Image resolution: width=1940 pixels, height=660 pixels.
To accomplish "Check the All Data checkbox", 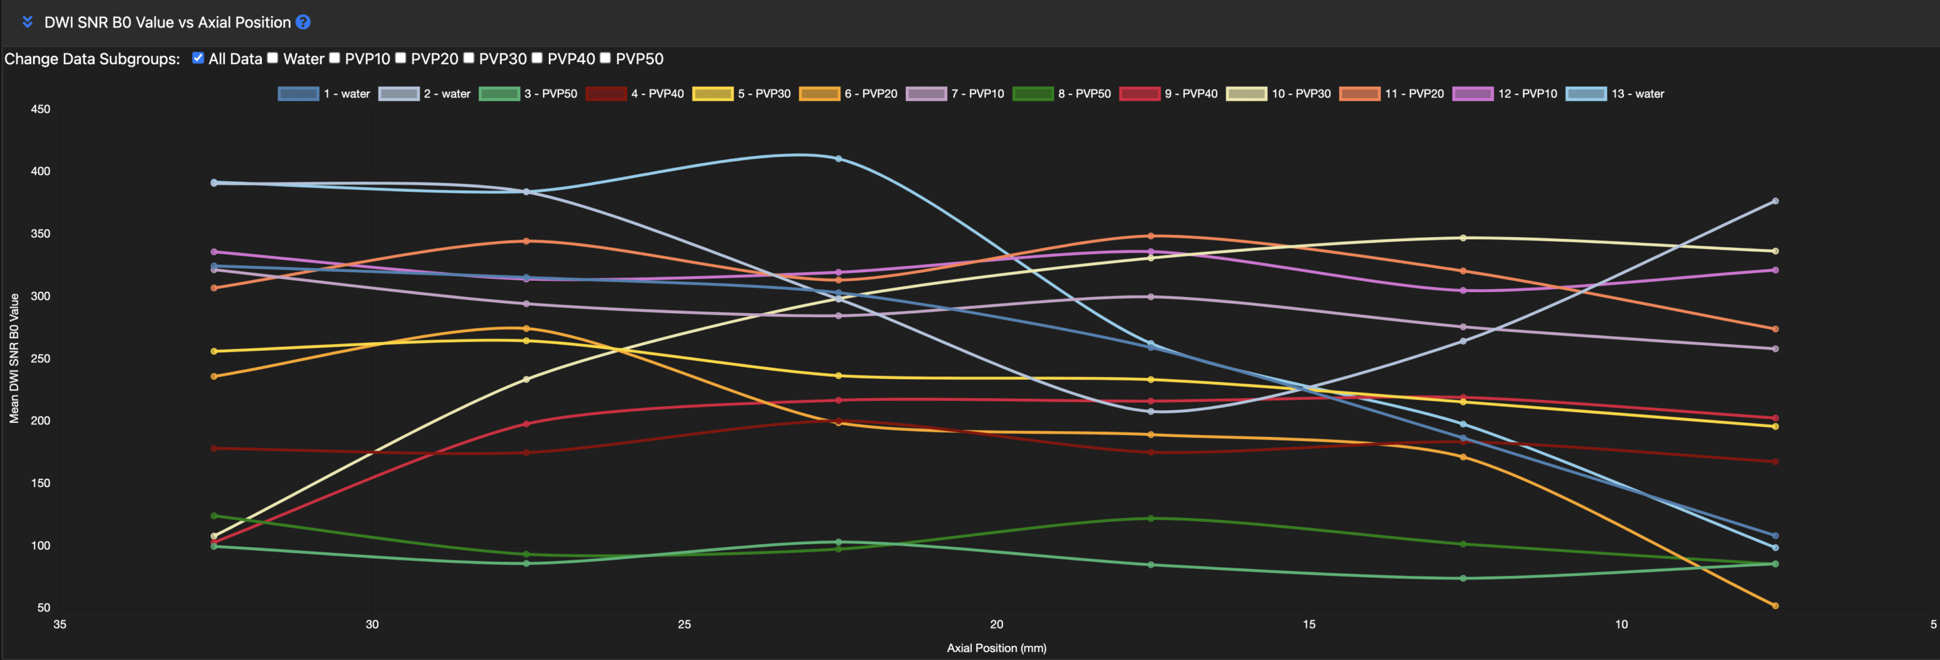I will pos(198,58).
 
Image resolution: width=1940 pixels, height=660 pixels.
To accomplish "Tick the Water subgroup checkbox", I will pos(273,58).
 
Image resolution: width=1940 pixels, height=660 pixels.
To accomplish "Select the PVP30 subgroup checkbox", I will pos(468,58).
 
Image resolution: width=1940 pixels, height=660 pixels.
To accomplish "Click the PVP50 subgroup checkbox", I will pos(605,58).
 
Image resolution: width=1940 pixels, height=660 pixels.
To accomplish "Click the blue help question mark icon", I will pos(302,22).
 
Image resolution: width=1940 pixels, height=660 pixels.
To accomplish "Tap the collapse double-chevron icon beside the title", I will pos(28,22).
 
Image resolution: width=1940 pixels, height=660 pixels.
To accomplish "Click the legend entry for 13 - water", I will pos(1615,94).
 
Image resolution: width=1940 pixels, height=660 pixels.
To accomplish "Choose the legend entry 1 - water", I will pos(324,94).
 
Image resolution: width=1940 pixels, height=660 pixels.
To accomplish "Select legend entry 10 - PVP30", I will pos(1278,94).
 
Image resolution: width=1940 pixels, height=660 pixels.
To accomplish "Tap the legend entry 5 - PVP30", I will pos(741,94).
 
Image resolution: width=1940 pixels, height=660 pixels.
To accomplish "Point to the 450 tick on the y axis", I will pos(40,109).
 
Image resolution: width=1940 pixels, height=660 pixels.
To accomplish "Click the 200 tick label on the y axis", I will pos(40,421).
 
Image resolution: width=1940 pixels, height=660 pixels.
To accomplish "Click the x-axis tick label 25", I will pos(684,624).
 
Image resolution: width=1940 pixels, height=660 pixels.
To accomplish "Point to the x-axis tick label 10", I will pos(1621,624).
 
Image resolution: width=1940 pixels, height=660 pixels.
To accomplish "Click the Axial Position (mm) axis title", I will pos(996,647).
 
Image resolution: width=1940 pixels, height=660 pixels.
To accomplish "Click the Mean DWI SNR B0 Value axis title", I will pos(13,358).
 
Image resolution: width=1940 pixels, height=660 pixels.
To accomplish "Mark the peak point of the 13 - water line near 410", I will pos(838,159).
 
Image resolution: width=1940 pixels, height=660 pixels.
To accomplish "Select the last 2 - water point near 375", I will pos(1775,201).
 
